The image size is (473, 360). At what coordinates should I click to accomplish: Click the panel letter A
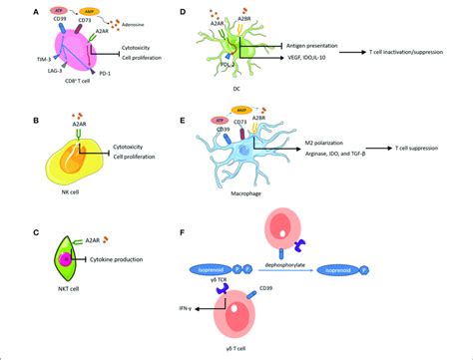point(36,12)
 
